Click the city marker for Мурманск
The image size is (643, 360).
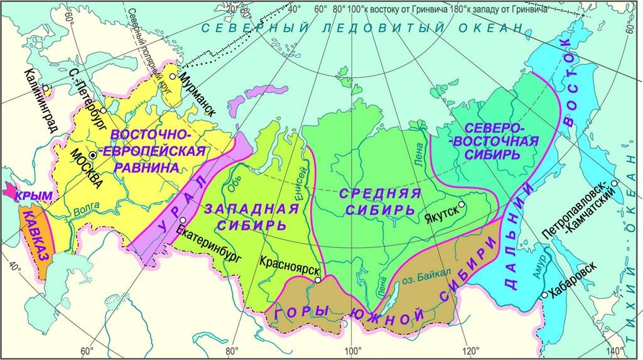coord(172,77)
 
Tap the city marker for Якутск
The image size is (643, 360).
coord(462,204)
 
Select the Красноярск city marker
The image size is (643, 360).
coord(318,280)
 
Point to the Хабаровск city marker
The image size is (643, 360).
coord(544,295)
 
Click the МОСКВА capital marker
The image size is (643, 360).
coord(93,155)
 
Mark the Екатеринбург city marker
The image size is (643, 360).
coord(182,220)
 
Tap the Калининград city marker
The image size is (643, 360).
coord(45,87)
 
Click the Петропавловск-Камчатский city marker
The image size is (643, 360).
coord(614,183)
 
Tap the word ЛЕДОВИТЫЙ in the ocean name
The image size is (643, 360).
coord(373,28)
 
